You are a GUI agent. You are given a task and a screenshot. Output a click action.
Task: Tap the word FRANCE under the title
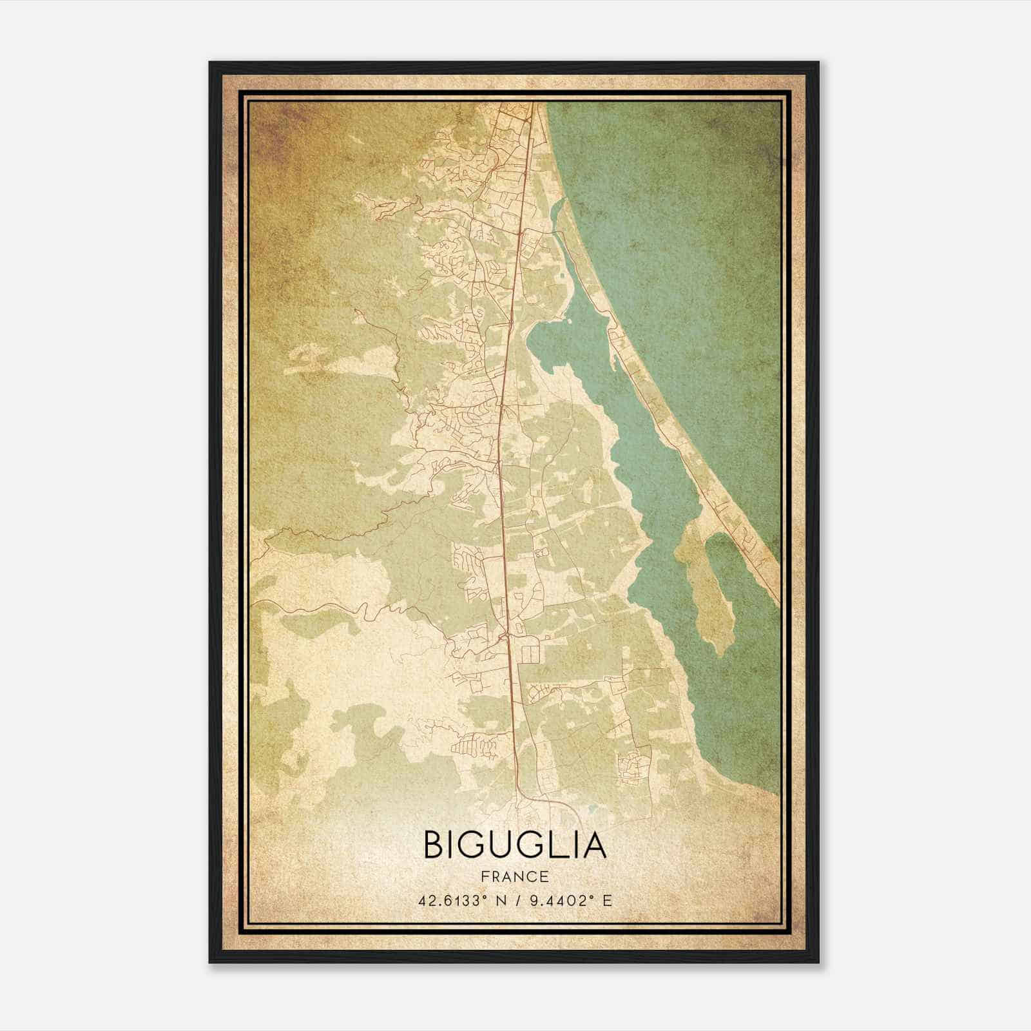pos(514,877)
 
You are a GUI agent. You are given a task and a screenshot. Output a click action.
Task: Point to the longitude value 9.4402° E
pos(570,900)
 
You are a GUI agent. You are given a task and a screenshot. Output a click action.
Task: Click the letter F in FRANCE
pos(483,877)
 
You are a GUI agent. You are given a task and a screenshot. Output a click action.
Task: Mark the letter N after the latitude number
pos(501,900)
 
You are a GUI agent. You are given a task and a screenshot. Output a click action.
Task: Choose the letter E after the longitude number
pos(607,900)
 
